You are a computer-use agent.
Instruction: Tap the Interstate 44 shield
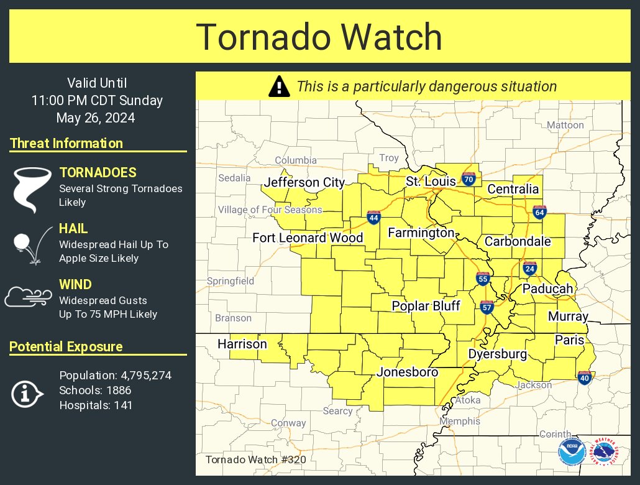(x=373, y=217)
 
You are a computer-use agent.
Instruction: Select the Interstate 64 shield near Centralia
(x=539, y=212)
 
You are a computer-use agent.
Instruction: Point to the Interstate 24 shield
(x=529, y=269)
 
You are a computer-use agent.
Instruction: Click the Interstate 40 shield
(x=584, y=377)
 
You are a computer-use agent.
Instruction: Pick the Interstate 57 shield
(x=487, y=307)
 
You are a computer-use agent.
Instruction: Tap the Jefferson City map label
(x=304, y=182)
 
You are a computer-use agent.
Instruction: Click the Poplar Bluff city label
(x=426, y=306)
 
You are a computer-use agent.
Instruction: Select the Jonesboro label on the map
(x=408, y=372)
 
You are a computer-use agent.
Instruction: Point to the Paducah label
(x=547, y=289)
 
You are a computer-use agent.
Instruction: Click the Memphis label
(x=460, y=421)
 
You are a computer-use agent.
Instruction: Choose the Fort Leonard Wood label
(x=308, y=238)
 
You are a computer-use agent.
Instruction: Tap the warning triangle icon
(x=279, y=86)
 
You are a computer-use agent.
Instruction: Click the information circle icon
(x=27, y=393)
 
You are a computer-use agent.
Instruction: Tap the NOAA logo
(x=571, y=452)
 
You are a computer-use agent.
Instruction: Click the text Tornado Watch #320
(x=255, y=460)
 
